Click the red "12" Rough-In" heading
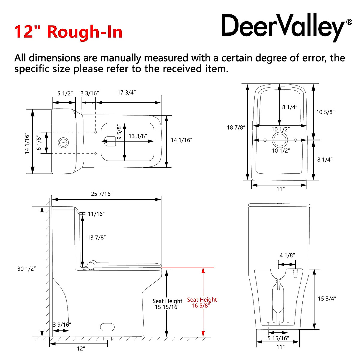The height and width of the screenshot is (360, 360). [68, 31]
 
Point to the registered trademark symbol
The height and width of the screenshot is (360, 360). [349, 22]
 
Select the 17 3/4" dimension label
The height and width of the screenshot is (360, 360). [127, 93]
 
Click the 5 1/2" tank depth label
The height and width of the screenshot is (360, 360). [65, 93]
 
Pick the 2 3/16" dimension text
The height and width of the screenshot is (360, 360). [89, 93]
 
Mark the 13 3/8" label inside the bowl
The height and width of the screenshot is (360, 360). [138, 136]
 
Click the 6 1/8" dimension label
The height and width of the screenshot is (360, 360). [39, 142]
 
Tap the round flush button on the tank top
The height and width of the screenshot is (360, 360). [63, 142]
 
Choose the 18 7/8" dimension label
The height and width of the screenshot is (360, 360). [236, 128]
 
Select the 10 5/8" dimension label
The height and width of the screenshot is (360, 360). [325, 112]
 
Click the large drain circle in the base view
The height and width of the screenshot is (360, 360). [280, 140]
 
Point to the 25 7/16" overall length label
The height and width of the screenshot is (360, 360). [102, 194]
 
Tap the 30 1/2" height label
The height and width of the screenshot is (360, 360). [27, 269]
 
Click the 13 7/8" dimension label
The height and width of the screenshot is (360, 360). [97, 238]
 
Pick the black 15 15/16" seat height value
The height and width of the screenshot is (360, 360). [167, 307]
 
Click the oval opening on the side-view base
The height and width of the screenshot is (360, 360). [107, 327]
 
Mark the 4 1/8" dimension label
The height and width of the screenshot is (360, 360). [287, 256]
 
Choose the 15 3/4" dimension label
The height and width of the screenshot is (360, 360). [327, 299]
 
